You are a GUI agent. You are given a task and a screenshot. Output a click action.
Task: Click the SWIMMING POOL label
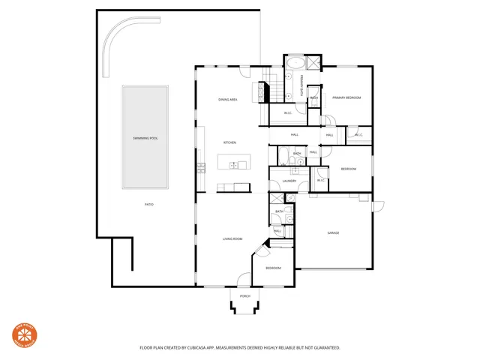tap(145, 139)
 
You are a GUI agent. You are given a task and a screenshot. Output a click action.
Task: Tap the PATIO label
tap(149, 204)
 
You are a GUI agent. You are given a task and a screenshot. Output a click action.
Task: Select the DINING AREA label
tap(228, 99)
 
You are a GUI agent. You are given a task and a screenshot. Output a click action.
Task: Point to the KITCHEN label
tap(229, 142)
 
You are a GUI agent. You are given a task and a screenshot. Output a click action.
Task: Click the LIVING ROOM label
tap(232, 239)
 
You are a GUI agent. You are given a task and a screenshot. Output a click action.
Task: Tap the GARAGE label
tap(333, 233)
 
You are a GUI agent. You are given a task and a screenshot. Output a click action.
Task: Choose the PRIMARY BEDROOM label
tap(347, 97)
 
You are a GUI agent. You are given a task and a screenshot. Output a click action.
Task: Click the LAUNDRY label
tap(289, 181)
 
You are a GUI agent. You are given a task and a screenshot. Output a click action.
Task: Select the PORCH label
tap(244, 297)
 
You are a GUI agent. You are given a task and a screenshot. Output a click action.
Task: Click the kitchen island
tap(232, 161)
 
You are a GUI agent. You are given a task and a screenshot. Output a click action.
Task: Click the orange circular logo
tap(22, 336)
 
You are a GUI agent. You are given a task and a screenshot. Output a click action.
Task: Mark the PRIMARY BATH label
tap(301, 82)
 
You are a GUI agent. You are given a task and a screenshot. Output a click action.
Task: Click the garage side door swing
tap(377, 205)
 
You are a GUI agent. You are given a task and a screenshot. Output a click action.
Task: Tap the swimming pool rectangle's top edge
tap(145, 86)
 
